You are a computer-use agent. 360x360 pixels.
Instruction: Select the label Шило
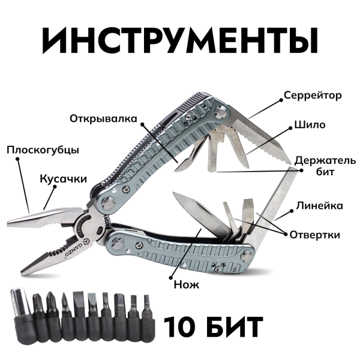click(x=310, y=125)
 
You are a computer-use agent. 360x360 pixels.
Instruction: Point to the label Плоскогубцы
click(x=43, y=149)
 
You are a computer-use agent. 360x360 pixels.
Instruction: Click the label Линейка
click(x=319, y=206)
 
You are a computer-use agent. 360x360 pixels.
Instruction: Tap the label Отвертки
click(x=314, y=234)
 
